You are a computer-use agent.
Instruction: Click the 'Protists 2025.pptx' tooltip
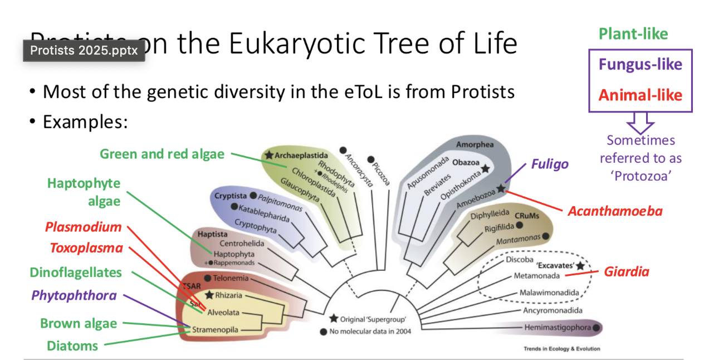84,51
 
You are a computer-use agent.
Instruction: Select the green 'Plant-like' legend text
633,34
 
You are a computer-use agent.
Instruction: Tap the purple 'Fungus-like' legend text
640,65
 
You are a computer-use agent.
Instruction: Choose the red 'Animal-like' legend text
640,95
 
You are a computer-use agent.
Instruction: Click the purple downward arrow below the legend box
640,122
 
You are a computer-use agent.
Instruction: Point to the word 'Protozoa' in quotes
641,176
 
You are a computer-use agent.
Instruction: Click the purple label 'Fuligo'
549,164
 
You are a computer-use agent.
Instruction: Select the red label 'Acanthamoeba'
615,211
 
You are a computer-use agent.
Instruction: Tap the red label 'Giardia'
627,272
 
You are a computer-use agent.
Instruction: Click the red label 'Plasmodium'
84,227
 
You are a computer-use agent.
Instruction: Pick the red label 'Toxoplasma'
86,249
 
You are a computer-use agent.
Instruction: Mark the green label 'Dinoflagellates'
76,273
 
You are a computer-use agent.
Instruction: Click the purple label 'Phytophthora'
74,295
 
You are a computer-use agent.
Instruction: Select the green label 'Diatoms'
72,346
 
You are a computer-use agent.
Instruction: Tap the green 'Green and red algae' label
162,154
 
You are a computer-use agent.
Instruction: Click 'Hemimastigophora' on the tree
557,328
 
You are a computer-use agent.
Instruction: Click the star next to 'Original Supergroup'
334,319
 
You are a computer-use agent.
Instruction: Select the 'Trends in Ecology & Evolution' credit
561,349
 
